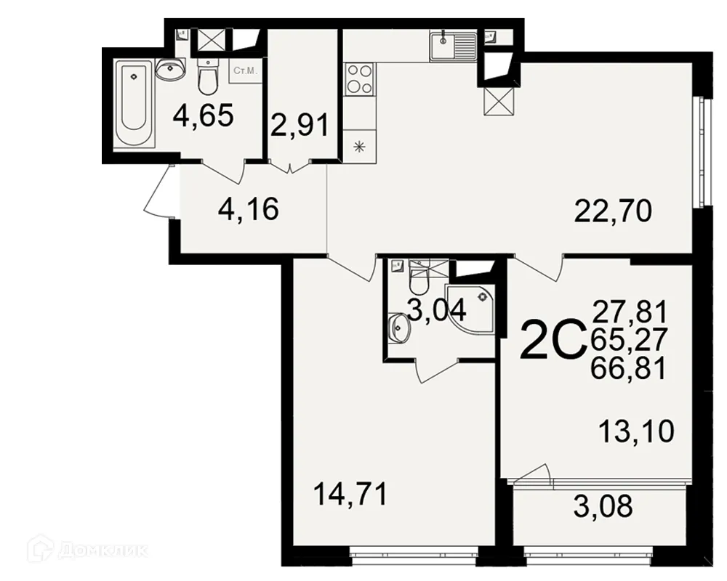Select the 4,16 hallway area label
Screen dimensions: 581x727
pyautogui.click(x=249, y=211)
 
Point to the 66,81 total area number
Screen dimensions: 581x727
pyautogui.click(x=630, y=370)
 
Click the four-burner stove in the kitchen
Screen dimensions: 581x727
pyautogui.click(x=359, y=78)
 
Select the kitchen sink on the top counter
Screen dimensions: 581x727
pyautogui.click(x=452, y=46)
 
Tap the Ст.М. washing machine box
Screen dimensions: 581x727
pyautogui.click(x=243, y=71)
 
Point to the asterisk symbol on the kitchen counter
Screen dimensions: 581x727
pyautogui.click(x=358, y=147)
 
